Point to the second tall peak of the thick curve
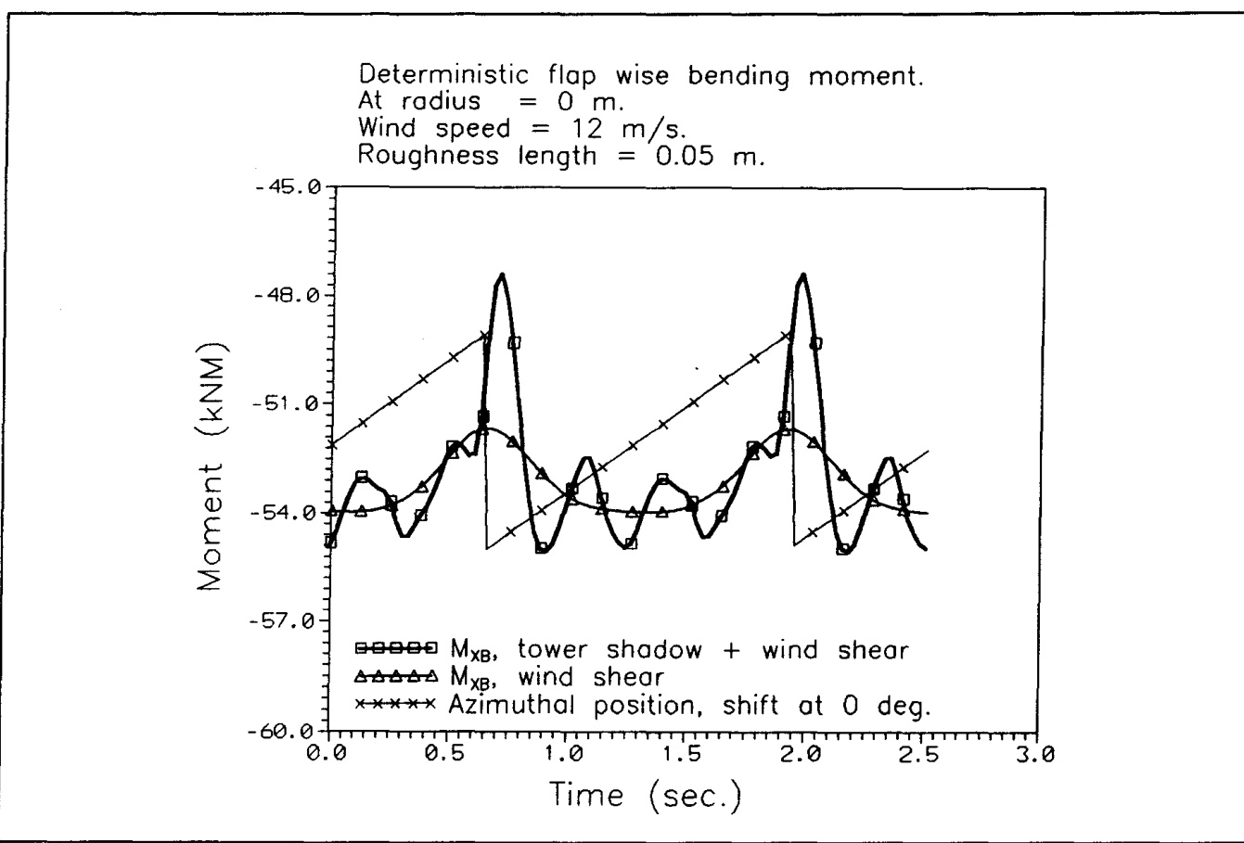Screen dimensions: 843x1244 pyautogui.click(x=802, y=275)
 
